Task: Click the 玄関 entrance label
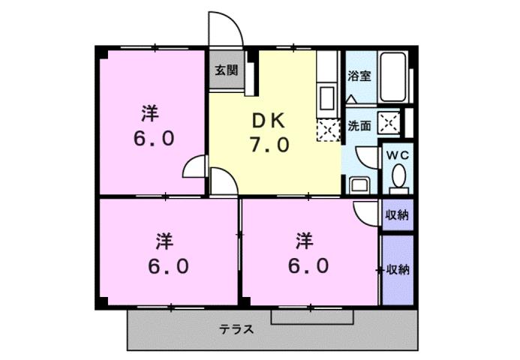click(x=226, y=71)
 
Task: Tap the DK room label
click(x=268, y=119)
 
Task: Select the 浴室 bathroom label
click(x=359, y=76)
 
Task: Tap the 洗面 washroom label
click(x=359, y=126)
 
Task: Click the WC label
click(x=396, y=154)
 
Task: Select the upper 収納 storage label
click(x=397, y=215)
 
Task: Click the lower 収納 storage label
click(x=398, y=270)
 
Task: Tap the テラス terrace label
click(x=236, y=328)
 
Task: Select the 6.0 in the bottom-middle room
click(x=304, y=265)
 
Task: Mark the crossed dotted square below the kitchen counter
click(x=327, y=130)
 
